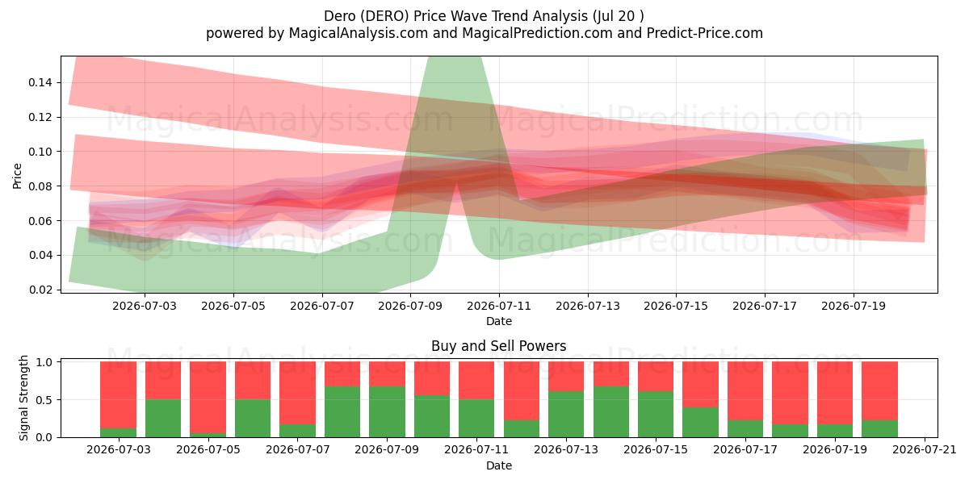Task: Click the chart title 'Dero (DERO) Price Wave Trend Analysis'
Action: point(455,16)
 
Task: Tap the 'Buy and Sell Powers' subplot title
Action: point(498,346)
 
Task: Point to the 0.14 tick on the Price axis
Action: point(40,82)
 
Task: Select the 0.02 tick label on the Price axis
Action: point(40,290)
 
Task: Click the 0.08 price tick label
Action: point(40,186)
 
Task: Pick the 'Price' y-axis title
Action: point(17,176)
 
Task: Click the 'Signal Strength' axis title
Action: point(23,398)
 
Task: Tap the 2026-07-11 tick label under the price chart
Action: point(499,306)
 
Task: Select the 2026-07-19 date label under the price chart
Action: point(854,306)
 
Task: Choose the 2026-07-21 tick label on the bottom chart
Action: point(925,450)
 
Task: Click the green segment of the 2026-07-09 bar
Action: point(387,412)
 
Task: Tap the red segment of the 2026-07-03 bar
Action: point(118,395)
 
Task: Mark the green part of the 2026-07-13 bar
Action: point(566,415)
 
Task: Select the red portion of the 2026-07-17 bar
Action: point(745,391)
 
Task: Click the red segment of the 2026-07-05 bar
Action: point(208,398)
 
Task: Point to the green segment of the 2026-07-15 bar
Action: point(656,415)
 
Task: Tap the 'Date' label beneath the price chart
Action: point(499,321)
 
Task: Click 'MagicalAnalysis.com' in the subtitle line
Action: point(359,33)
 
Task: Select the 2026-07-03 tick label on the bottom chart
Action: point(118,450)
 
